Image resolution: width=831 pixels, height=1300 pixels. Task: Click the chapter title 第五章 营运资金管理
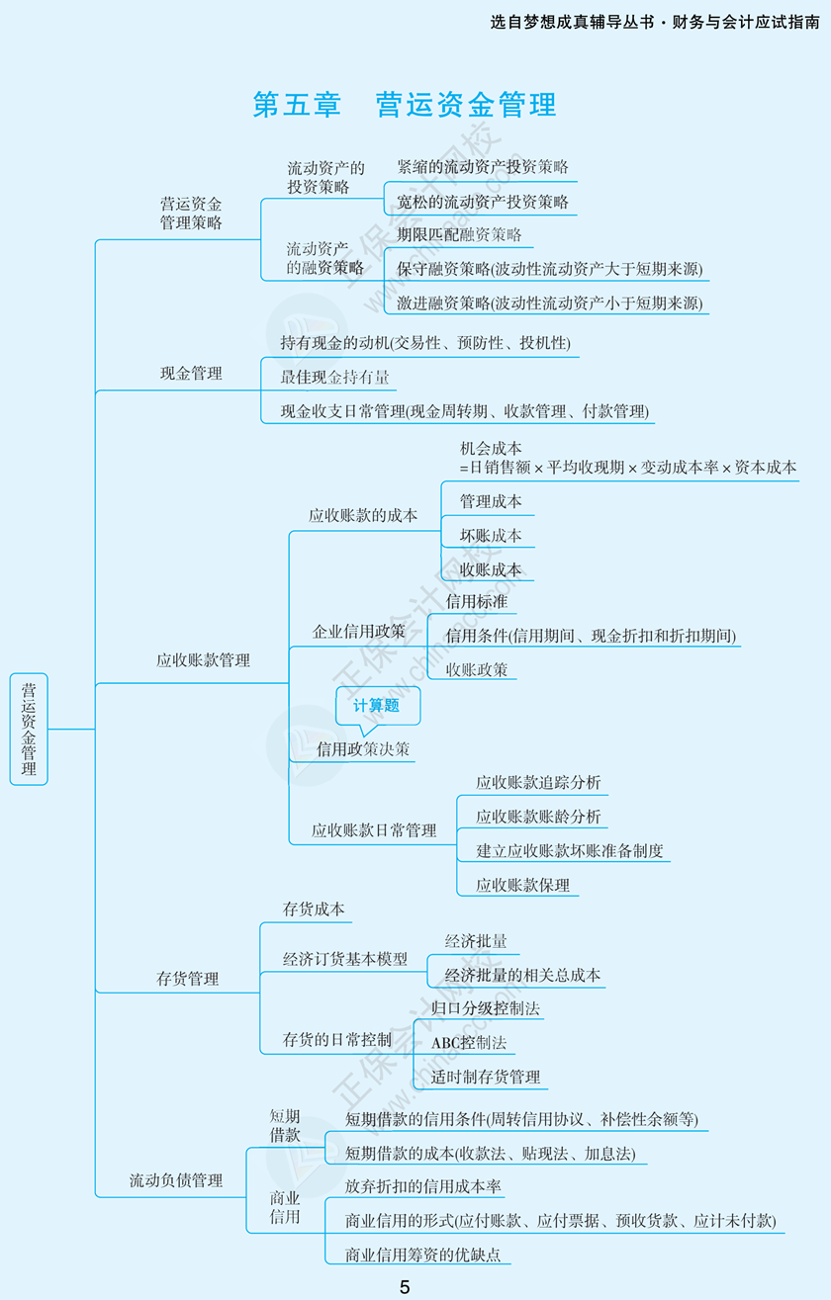404,105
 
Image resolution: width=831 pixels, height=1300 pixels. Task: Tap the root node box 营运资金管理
29,729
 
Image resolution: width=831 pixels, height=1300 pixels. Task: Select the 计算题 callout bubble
377,706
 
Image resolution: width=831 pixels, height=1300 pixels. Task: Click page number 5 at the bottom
405,1286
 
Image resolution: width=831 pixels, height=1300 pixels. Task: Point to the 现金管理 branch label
191,374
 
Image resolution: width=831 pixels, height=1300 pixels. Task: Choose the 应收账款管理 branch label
203,660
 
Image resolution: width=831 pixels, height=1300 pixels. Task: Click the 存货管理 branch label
188,979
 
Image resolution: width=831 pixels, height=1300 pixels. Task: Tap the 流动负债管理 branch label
176,1180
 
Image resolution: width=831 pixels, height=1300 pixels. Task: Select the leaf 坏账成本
491,536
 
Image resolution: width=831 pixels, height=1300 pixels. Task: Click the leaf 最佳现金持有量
334,377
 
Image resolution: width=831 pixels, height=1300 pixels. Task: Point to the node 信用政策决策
362,749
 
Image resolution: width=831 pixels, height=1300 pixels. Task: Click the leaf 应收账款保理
522,885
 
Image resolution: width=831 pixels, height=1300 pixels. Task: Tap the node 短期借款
285,1125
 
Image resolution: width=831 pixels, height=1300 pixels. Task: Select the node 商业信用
285,1207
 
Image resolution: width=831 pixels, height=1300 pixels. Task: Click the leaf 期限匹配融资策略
458,235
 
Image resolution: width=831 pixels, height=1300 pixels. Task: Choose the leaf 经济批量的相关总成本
522,975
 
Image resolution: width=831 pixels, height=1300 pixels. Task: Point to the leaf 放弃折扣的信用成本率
422,1186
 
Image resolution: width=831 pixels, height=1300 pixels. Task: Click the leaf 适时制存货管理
486,1077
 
